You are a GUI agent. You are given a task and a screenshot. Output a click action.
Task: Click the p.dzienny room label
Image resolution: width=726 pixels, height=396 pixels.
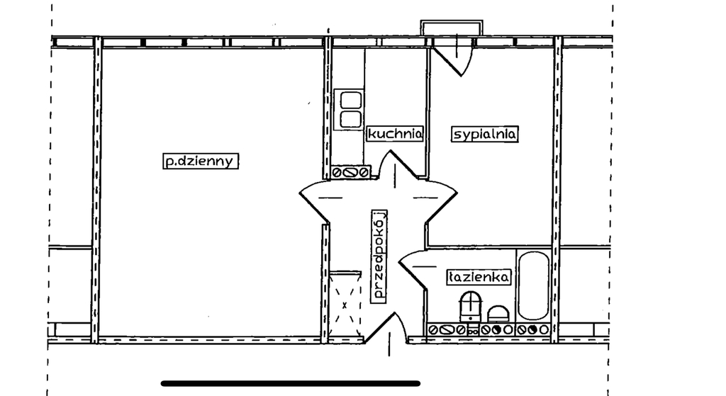tap(198, 162)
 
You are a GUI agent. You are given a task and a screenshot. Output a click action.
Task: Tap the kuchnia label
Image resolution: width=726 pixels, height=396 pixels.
tap(395, 133)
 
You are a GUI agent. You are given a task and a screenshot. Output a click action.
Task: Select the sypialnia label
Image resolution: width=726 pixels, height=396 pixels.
tap(486, 134)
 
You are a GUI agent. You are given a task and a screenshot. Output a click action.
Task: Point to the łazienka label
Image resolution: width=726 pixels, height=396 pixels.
tap(479, 278)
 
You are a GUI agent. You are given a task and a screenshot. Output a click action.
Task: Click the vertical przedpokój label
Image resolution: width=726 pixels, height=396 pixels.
tap(379, 255)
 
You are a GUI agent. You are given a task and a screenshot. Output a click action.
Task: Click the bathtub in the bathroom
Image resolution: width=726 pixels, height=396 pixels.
tap(533, 285)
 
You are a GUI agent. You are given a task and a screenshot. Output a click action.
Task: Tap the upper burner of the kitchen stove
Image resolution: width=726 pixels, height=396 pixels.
tap(350, 100)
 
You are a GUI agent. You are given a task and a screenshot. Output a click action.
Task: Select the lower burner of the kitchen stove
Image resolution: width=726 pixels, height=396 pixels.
tap(350, 119)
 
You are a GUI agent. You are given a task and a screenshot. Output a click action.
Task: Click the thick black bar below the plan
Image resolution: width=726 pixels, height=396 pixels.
tap(291, 383)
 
